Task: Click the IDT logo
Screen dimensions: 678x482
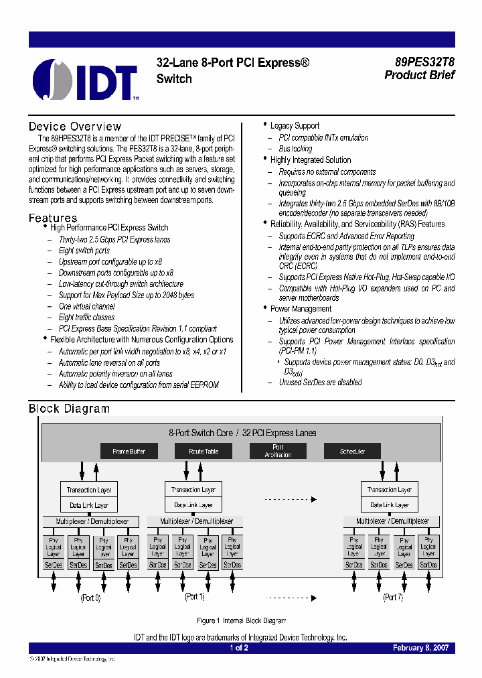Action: pos(85,80)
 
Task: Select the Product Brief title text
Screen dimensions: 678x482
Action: pos(419,75)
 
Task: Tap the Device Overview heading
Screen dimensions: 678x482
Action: pos(75,127)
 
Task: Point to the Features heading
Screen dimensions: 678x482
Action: pos(53,218)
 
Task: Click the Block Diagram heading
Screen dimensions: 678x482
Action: pos(69,409)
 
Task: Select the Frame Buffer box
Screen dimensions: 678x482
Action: pos(129,451)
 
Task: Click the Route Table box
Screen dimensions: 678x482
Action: pos(203,451)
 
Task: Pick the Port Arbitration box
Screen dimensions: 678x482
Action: pos(278,451)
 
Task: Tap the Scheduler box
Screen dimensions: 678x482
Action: pos(352,451)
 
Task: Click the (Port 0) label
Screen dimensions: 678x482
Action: pos(90,598)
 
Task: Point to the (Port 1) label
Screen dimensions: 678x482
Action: pos(194,596)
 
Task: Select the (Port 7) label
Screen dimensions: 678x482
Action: pos(392,597)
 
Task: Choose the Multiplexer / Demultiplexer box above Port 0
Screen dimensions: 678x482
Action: pos(92,521)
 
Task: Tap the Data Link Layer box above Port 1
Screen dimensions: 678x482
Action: pos(193,505)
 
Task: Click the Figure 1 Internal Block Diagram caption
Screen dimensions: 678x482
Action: pos(241,621)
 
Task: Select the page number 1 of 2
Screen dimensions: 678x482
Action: pos(239,648)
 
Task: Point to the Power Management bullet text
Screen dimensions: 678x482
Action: pos(301,309)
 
